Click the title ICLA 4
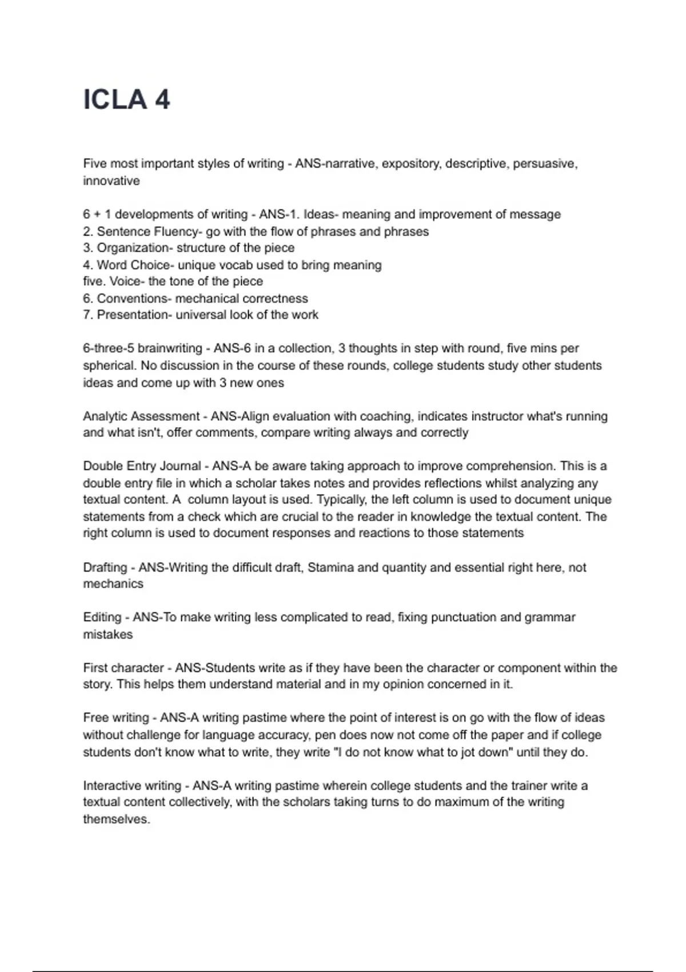coord(126,100)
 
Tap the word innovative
coord(111,181)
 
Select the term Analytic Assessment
coord(141,416)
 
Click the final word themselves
coord(116,819)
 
